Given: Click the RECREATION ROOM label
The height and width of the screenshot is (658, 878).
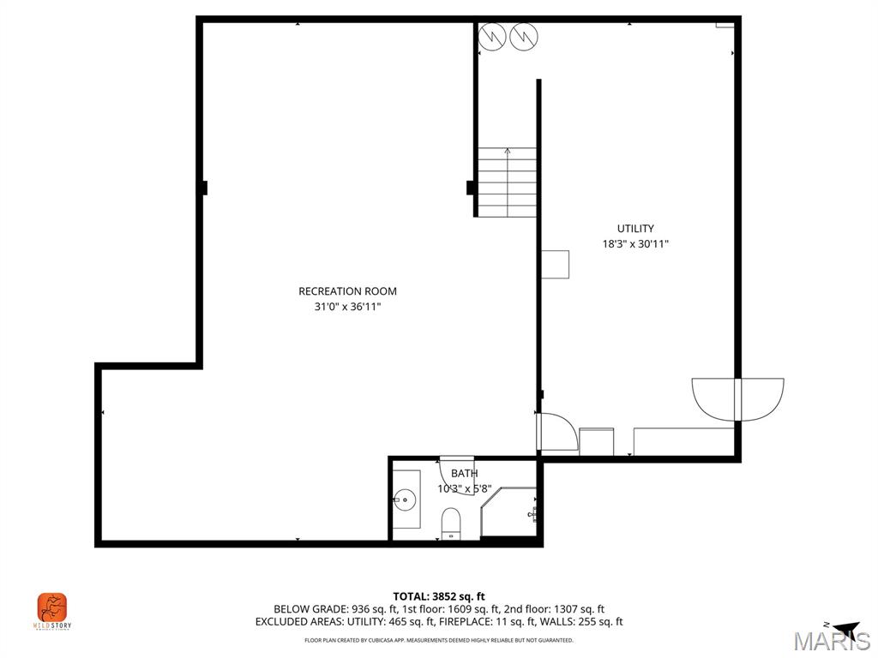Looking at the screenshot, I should click(x=347, y=291).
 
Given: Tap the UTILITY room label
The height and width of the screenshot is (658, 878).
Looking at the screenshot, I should click(x=635, y=229).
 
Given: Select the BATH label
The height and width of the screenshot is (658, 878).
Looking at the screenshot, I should click(x=464, y=473).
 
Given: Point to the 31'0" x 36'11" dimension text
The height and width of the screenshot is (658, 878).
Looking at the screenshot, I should click(x=347, y=307).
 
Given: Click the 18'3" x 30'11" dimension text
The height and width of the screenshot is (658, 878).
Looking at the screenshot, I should click(x=635, y=244).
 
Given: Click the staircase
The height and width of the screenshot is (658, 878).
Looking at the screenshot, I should click(x=507, y=182).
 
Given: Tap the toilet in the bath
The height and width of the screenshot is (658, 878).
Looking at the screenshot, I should click(x=451, y=523).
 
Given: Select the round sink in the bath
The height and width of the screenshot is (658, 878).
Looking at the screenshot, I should click(x=405, y=498).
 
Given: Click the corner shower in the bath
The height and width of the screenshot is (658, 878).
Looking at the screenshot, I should click(x=511, y=512).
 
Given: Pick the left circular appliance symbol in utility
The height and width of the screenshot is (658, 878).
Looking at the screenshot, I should click(x=492, y=36).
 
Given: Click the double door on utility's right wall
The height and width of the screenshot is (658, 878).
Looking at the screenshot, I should click(x=738, y=398).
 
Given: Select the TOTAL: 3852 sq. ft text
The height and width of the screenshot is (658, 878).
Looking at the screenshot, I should click(x=439, y=596).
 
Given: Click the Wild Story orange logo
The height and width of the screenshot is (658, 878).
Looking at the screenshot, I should click(x=52, y=608).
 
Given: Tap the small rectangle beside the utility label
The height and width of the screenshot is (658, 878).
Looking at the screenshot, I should click(x=556, y=265).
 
